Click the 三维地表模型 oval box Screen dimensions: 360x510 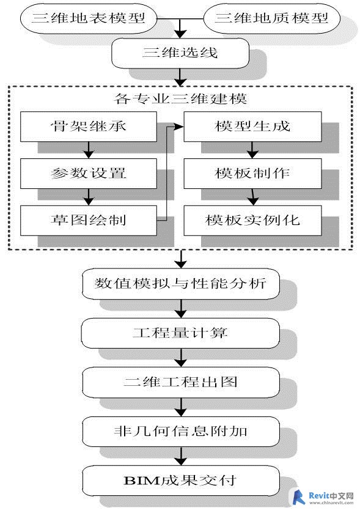coord(89,18)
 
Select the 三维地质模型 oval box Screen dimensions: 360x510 coord(272,18)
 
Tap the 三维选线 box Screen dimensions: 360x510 coord(180,53)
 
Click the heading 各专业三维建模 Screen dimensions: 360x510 coord(180,98)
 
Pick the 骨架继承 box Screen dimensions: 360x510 coord(89,127)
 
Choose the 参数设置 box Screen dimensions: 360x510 coord(89,173)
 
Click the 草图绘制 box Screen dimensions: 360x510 coord(89,220)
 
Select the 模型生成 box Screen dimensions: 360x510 coord(252,127)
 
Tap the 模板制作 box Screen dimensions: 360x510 coord(252,173)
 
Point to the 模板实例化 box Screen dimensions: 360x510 coord(252,220)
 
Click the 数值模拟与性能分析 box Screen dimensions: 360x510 coord(180,284)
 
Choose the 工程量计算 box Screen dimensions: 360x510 coord(180,333)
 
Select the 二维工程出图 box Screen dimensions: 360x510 coord(180,382)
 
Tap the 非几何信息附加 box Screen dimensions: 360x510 coord(180,432)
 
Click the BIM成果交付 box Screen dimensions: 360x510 coord(180,481)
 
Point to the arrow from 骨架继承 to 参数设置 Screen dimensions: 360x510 coord(89,150)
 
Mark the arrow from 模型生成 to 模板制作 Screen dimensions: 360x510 coord(252,150)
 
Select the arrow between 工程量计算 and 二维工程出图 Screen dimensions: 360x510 coord(181,358)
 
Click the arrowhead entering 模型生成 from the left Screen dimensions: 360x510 coord(179,127)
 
